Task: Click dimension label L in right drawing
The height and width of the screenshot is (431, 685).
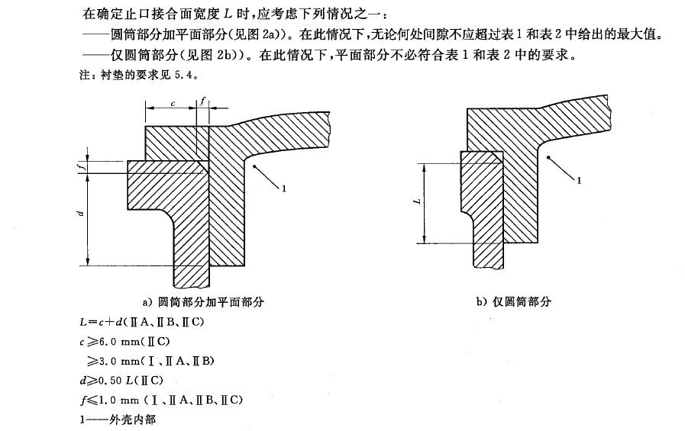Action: (x=415, y=203)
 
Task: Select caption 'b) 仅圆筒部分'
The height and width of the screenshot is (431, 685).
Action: (x=513, y=301)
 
